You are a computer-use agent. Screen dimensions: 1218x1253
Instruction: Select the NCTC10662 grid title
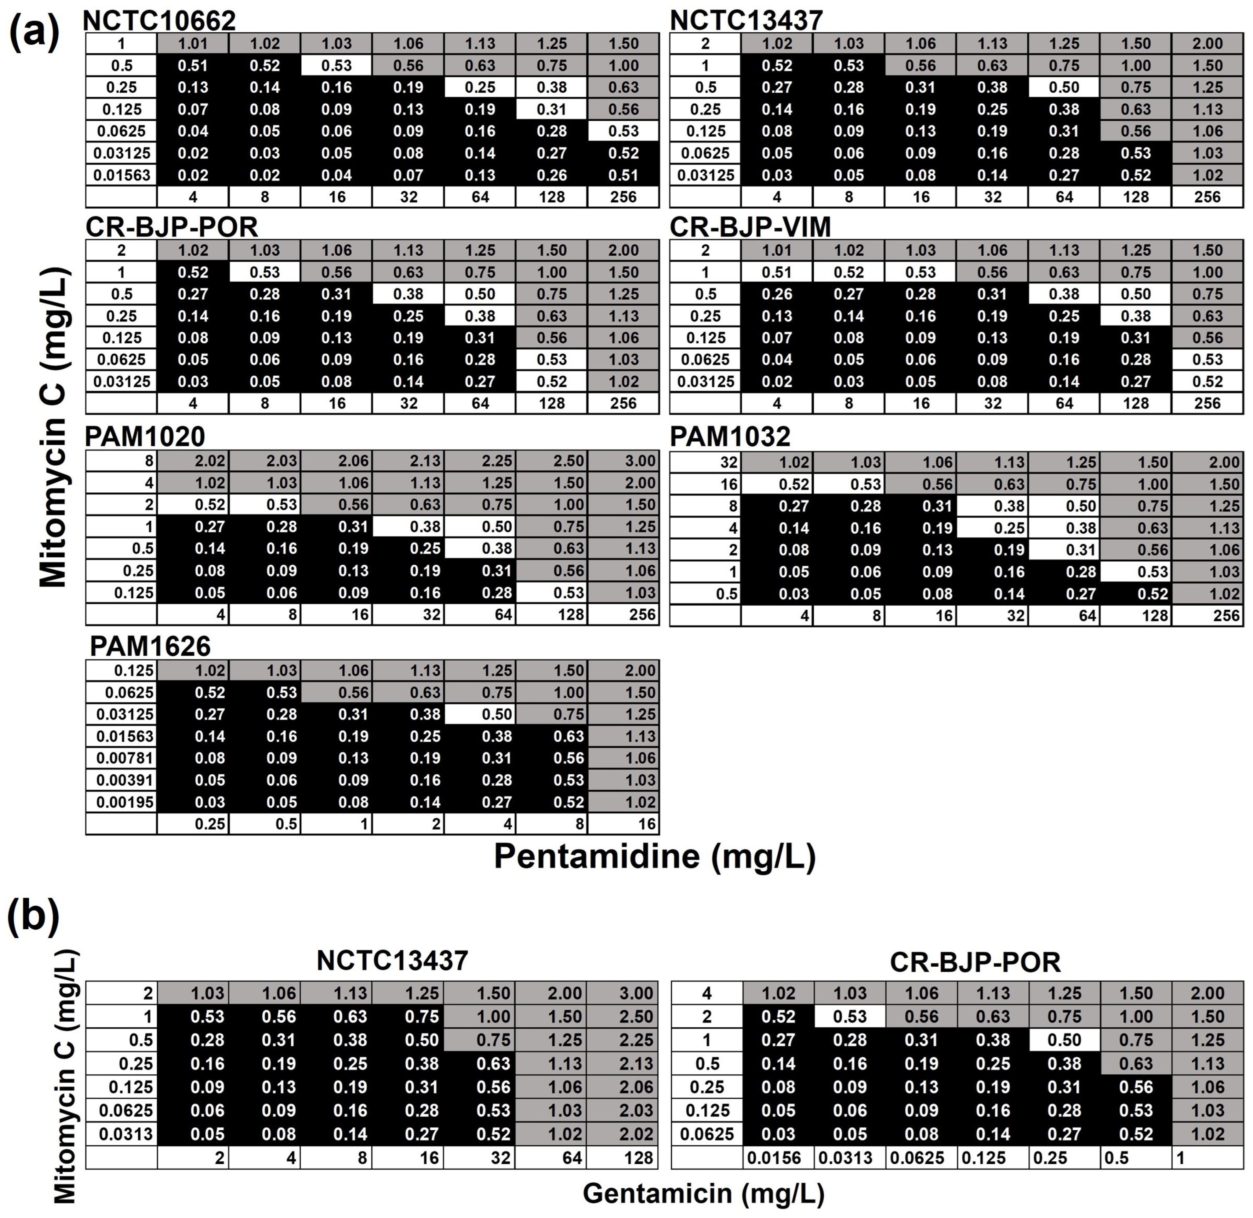tap(159, 20)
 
